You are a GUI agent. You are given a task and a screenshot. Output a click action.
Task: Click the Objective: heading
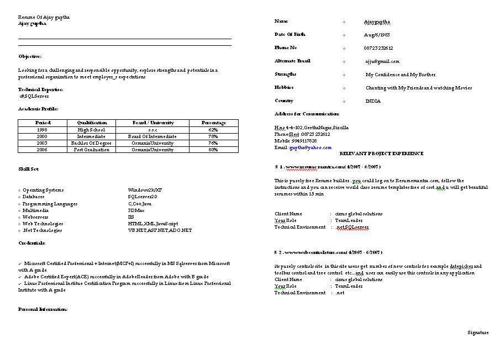coord(30,56)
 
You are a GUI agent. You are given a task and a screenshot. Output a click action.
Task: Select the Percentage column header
coord(214,123)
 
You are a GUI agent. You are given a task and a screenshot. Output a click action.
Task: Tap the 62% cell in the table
coord(214,130)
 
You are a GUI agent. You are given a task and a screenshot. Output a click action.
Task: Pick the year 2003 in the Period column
coord(43,143)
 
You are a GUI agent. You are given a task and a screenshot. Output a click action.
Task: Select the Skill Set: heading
coord(29,169)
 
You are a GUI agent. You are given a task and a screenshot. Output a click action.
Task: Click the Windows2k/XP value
coord(143,190)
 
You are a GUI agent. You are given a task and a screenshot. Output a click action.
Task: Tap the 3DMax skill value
coord(136,210)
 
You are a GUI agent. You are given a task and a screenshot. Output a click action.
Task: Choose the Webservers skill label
coord(36,217)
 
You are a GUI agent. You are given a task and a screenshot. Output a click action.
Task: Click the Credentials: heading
coord(32,243)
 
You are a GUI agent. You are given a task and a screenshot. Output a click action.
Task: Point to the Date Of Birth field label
coord(290,34)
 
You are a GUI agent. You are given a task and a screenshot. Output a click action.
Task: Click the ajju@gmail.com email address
coord(381,61)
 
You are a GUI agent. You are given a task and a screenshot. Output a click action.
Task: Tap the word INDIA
coord(373,101)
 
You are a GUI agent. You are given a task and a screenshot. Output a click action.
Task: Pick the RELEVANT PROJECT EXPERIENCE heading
coord(381,153)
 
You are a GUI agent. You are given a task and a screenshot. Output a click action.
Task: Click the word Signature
coord(478,332)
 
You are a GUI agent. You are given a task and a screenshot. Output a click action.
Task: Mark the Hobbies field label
coord(284,87)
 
